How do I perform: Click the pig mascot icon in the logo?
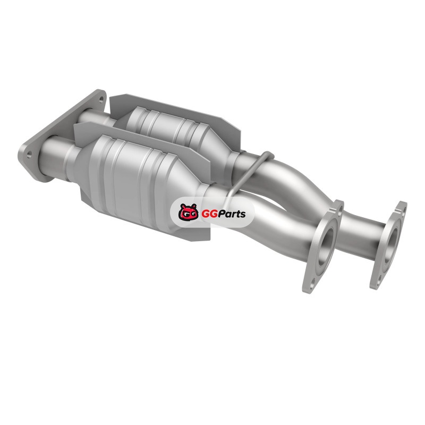(188, 211)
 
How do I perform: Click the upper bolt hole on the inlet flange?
(101, 100)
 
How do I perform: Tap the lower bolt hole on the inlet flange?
(29, 154)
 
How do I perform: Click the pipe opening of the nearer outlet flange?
(326, 246)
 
